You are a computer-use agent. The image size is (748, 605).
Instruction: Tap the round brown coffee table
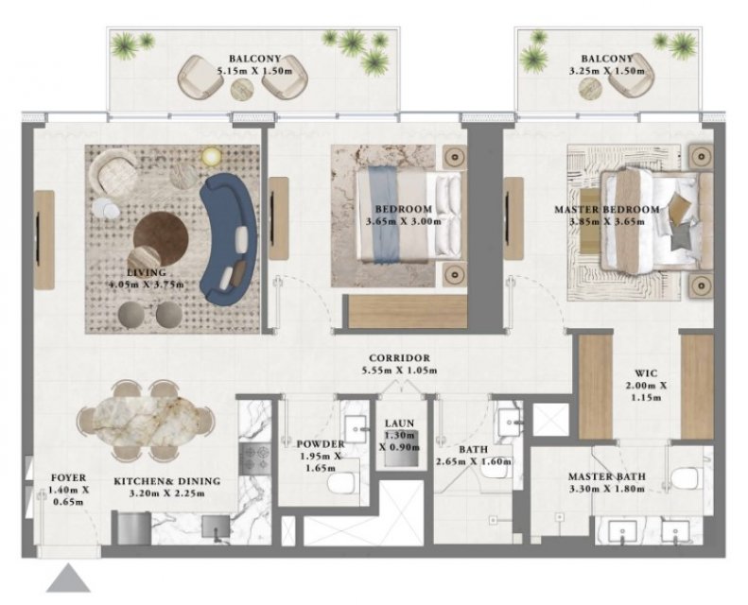click(161, 237)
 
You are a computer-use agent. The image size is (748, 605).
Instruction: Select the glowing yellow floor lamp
click(211, 156)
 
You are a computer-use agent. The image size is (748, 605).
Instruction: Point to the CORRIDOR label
click(399, 357)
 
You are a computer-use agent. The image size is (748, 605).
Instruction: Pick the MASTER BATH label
click(607, 476)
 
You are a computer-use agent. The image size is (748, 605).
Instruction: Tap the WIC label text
click(646, 373)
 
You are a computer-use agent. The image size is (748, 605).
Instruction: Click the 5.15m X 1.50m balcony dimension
click(254, 71)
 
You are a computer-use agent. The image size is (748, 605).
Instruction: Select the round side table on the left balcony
click(243, 89)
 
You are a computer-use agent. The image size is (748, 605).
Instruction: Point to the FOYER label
click(69, 477)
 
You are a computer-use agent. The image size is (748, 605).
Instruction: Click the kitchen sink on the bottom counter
click(216, 527)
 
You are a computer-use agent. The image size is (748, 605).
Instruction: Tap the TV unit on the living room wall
click(43, 240)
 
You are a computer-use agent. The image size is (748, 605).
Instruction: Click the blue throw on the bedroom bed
click(385, 215)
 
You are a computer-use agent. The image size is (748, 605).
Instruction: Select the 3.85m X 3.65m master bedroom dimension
click(607, 222)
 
